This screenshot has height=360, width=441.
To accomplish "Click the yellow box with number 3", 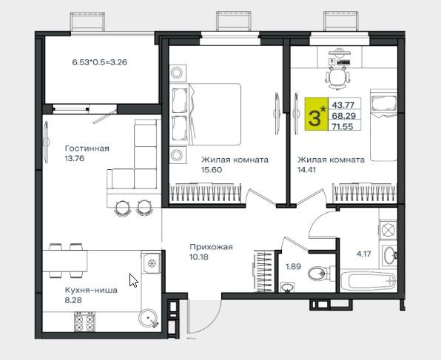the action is click(317, 114).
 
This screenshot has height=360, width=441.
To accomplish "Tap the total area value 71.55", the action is click(343, 126).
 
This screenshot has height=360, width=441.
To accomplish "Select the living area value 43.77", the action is click(343, 105).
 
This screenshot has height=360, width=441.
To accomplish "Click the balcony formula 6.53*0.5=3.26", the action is click(100, 62).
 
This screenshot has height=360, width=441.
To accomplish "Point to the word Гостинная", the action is click(87, 148).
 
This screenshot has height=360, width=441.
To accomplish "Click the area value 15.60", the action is click(212, 170).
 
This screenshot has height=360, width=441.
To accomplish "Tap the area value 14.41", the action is click(307, 170).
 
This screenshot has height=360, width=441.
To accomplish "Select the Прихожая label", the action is click(211, 247).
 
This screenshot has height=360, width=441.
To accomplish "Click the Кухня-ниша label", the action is click(91, 290).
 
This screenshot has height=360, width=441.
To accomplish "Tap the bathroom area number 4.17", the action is click(363, 254).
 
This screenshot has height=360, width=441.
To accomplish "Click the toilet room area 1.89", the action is click(293, 266).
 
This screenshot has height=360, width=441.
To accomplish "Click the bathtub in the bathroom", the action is click(368, 281).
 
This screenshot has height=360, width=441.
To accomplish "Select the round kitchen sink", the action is click(149, 319).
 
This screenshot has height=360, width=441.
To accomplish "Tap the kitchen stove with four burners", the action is click(84, 322).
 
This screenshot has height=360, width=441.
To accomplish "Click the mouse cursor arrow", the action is click(133, 280).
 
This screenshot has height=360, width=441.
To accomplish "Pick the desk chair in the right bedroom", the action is click(337, 77).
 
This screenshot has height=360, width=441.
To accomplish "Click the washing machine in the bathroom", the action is click(388, 229).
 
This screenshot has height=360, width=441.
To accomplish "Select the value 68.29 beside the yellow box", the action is click(343, 116).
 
